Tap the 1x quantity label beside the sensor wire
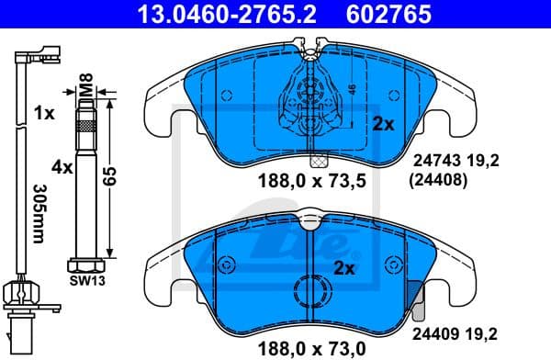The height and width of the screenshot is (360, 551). [42, 115]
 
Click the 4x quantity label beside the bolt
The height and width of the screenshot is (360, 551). [62, 168]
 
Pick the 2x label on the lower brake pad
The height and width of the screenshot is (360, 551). [344, 269]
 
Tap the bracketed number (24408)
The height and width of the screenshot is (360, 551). [436, 181]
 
